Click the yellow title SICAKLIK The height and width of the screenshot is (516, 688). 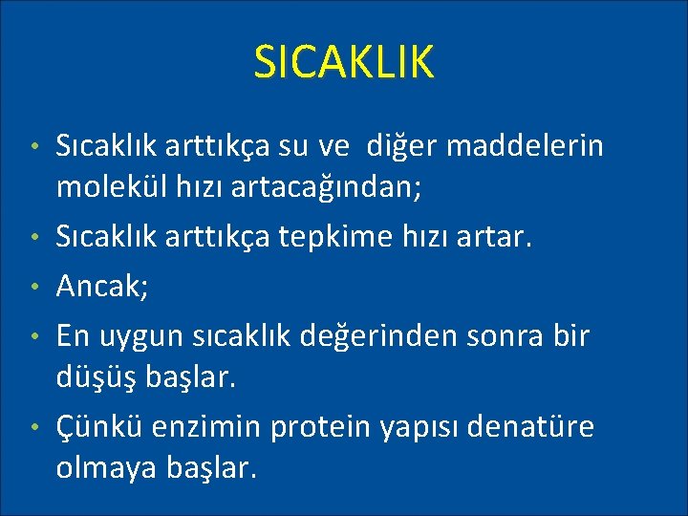pyautogui.click(x=344, y=62)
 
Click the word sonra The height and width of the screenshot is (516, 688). pyautogui.click(x=492, y=336)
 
